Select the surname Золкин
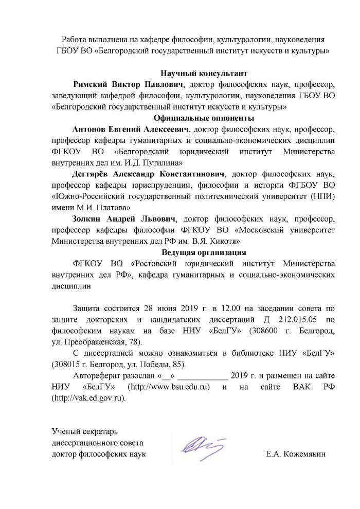coord(88,219)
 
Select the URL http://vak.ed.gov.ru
coord(88,398)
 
